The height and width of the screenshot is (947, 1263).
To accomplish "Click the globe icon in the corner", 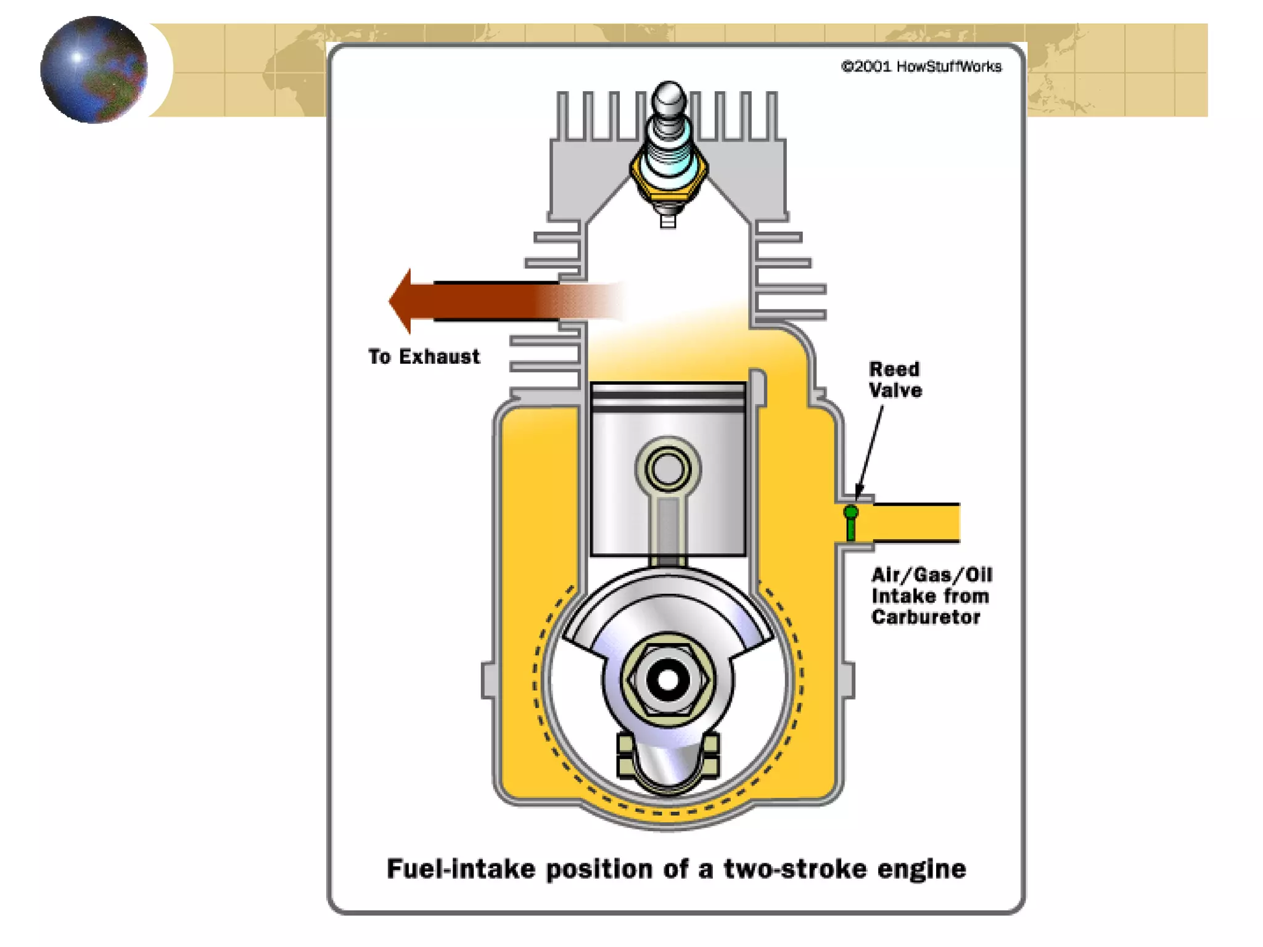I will coord(94,70).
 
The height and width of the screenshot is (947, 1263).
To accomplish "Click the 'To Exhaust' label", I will coord(424,356).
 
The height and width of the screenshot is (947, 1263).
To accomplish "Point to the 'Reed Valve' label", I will coord(895,380).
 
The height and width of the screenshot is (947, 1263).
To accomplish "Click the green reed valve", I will coord(851,521).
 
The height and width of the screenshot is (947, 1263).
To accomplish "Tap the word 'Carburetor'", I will coord(925,617).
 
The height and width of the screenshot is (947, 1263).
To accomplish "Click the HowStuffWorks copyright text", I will coord(921,67).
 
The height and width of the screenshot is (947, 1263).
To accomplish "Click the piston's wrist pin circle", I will coord(668,469).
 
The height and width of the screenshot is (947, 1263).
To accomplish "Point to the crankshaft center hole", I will coord(668,680).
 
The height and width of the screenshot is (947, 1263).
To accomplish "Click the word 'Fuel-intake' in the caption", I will coord(461,869).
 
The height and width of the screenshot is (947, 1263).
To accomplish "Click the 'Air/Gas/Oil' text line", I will coord(931,575).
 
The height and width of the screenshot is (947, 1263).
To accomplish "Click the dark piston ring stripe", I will coord(668,409).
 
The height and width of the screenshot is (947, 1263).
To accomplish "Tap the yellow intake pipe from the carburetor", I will coord(916,522).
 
